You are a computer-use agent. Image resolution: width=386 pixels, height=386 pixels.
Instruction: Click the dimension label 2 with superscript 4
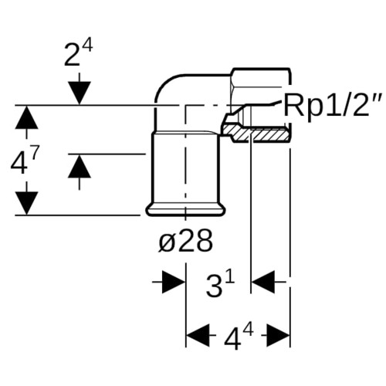(78, 53)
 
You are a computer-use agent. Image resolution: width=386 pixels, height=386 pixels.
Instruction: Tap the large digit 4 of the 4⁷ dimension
(19, 163)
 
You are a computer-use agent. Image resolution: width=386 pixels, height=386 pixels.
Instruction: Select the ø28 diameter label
(186, 241)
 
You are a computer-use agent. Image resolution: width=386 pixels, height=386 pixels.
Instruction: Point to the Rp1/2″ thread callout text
(333, 104)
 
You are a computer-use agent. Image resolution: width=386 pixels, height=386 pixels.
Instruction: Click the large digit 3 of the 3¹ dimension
(214, 286)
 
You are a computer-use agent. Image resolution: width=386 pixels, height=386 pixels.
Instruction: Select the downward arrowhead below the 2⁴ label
(80, 93)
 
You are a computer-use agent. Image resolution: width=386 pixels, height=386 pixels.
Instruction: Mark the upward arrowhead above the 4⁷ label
(26, 117)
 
